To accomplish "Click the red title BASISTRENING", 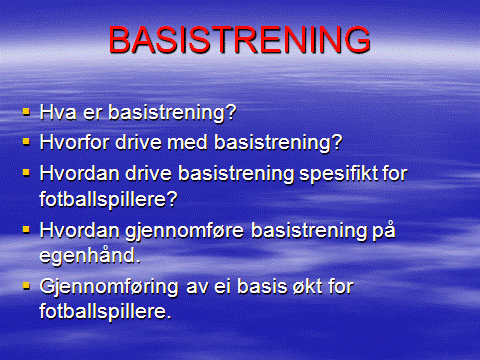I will pos(239,41).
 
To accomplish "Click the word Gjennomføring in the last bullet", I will pos(109,287).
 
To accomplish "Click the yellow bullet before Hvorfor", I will pos(27,142).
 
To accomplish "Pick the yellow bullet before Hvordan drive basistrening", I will pos(27,172).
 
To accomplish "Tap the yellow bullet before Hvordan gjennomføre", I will pos(27,230).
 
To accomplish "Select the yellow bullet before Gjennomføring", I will pos(27,287).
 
